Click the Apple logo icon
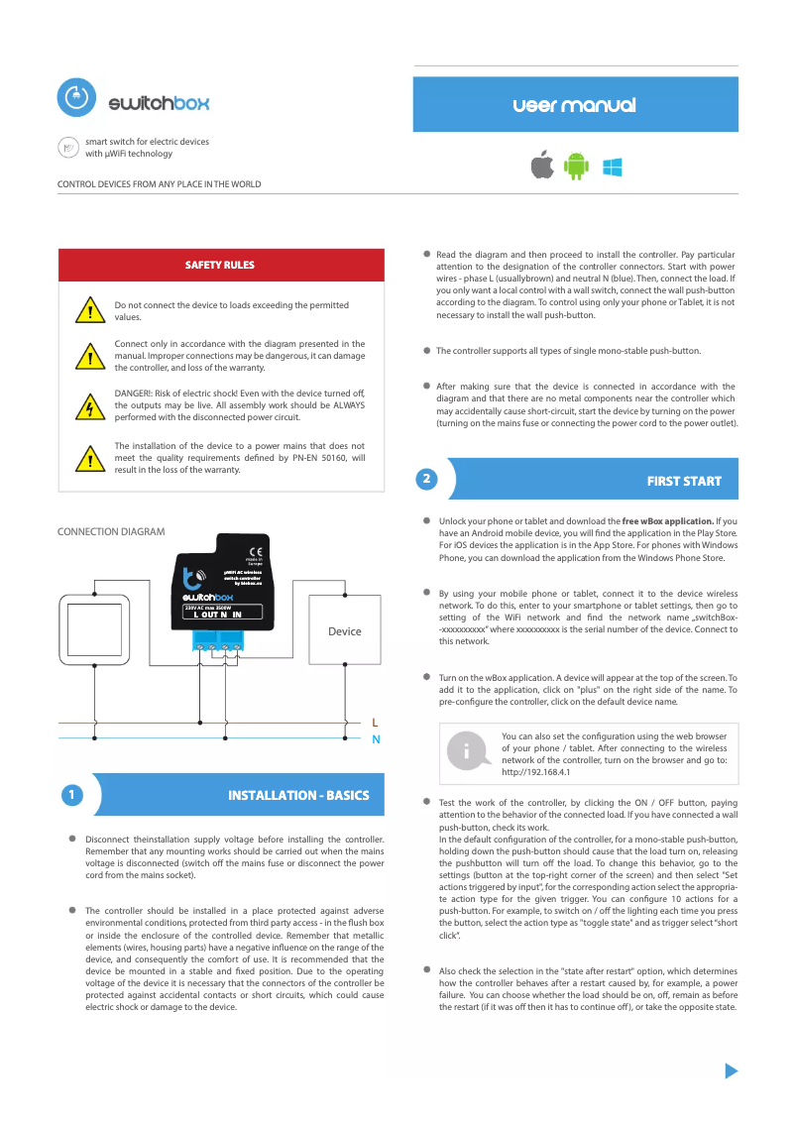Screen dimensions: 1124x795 point(542,167)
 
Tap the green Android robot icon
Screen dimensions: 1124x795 point(575,167)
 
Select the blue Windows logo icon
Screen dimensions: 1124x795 point(612,167)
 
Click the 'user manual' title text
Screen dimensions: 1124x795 point(575,105)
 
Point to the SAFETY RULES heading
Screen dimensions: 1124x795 point(220,265)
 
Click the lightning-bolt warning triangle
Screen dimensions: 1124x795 point(90,407)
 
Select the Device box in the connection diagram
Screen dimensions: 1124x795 point(344,630)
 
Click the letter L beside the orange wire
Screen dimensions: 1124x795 point(375,722)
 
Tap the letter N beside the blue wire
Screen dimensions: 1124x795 point(375,739)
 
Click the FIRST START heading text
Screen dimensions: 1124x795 point(684,481)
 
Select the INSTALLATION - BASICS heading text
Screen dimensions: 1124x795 point(298,795)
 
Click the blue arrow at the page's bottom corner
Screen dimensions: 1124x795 point(732,1070)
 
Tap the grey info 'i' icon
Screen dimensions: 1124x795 point(465,752)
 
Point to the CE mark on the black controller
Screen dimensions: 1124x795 point(254,551)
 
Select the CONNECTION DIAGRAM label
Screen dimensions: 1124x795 point(111,532)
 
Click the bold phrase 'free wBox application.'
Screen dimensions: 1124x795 point(668,520)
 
